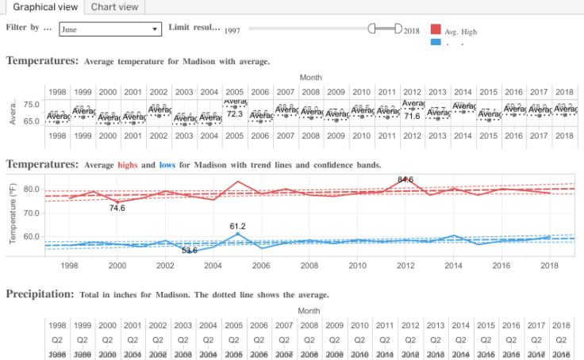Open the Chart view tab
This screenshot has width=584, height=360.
(114, 7)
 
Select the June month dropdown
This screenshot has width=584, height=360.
(109, 29)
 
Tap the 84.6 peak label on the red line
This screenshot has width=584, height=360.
(405, 180)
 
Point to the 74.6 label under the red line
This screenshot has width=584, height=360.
(117, 208)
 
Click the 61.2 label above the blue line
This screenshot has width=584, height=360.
(238, 226)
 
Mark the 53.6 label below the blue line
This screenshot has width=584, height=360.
(190, 251)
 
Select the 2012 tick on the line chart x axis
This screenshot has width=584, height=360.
(406, 267)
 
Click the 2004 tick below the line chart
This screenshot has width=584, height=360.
(213, 267)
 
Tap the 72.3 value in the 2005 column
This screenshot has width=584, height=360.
(235, 114)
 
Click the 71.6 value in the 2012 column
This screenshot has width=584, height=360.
(412, 116)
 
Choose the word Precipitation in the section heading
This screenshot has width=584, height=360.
(40, 294)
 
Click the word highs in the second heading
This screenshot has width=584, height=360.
(128, 165)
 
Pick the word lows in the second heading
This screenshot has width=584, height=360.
(167, 165)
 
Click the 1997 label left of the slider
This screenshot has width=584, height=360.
(232, 30)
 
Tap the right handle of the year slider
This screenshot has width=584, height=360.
(398, 29)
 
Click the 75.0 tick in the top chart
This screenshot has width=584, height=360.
(32, 105)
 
